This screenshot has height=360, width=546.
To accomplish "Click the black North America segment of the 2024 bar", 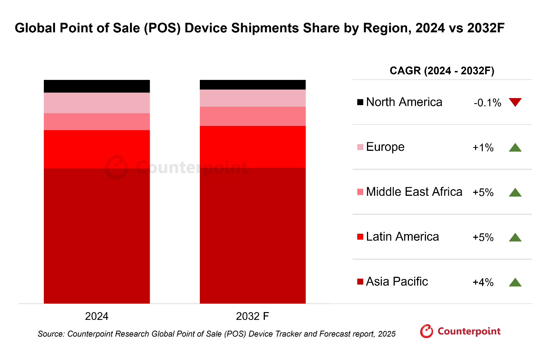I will (x=97, y=86).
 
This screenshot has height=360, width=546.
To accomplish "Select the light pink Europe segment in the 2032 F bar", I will (x=253, y=98).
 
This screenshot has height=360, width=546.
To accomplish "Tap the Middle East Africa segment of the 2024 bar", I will (x=97, y=121).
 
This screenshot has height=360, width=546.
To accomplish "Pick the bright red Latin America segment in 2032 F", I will (x=253, y=147).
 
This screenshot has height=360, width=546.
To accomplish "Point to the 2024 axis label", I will (x=97, y=316).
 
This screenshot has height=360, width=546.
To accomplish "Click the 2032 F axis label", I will (x=252, y=316).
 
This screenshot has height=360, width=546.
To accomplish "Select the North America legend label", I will (x=404, y=102).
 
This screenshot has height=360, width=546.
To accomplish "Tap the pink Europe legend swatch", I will (x=360, y=147).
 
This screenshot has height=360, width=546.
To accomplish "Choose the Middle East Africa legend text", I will (x=414, y=192).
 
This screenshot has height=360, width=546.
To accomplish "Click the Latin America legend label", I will (x=402, y=237).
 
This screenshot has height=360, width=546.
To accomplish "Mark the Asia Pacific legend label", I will (x=397, y=282).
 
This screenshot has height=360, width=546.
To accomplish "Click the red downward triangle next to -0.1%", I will (x=515, y=102).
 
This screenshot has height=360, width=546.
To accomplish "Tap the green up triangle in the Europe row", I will (x=515, y=147).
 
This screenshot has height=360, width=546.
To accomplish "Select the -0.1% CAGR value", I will (x=487, y=103).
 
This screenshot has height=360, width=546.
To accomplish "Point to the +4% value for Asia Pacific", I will (x=483, y=282).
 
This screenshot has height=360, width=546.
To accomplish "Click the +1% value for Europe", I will (x=483, y=148).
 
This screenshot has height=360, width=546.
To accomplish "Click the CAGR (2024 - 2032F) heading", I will (x=442, y=71).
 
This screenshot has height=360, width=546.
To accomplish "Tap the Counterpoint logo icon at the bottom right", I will (x=426, y=331).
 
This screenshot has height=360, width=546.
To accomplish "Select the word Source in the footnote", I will (x=51, y=334).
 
